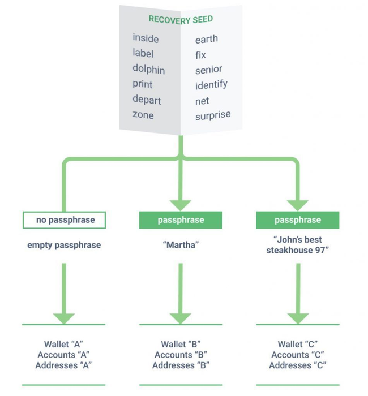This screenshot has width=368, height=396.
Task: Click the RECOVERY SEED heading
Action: click(x=181, y=19)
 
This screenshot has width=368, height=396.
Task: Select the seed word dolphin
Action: click(x=148, y=69)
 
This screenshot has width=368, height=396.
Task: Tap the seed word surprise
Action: click(x=213, y=115)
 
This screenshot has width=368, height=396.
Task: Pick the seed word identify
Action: click(x=211, y=85)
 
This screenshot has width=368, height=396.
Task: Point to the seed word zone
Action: click(x=143, y=115)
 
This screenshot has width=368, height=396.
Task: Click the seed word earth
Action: click(x=207, y=39)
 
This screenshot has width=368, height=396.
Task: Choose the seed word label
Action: click(x=143, y=53)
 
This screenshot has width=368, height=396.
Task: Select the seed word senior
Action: click(x=209, y=70)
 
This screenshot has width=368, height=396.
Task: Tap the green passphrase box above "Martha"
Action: click(x=181, y=219)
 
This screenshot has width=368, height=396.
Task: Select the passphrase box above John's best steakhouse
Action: click(x=298, y=219)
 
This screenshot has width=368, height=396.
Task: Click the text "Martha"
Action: click(x=181, y=245)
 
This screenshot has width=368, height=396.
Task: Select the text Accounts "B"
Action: click(x=181, y=355)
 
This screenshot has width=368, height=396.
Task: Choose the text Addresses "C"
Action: click(x=298, y=365)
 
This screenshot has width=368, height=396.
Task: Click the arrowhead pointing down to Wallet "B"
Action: click(x=181, y=317)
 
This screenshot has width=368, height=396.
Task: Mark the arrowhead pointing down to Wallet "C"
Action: click(x=298, y=317)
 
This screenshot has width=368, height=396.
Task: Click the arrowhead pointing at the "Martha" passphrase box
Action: click(x=181, y=205)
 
